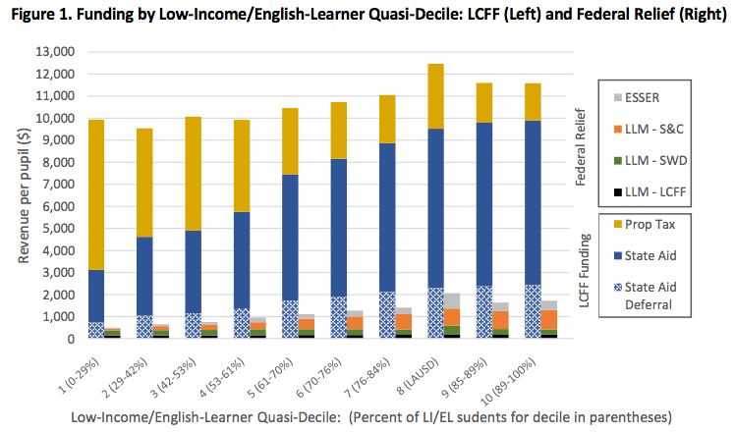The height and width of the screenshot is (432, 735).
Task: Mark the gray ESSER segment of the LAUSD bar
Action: click(x=451, y=300)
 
